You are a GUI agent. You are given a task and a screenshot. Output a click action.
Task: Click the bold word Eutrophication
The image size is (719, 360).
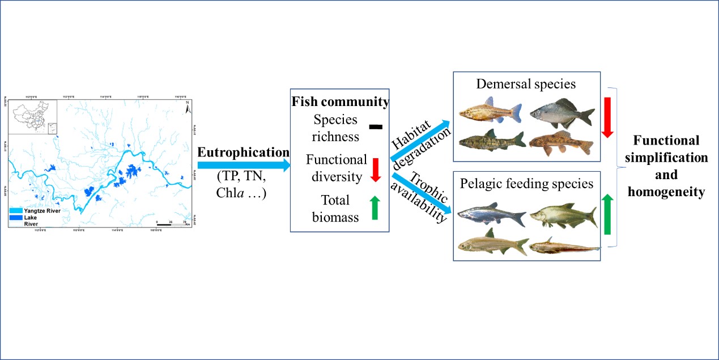pos(243,152)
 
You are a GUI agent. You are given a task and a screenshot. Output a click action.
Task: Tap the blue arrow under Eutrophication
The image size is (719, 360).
pos(243,165)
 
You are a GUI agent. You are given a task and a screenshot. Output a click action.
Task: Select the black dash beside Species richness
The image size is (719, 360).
pos(376,127)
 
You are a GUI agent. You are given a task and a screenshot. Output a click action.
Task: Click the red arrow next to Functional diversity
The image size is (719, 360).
pos(375,168)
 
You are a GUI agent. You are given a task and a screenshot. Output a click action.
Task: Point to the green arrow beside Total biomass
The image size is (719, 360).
pos(375,207)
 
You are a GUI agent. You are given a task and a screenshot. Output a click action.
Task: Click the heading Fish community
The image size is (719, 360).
pos(340,103)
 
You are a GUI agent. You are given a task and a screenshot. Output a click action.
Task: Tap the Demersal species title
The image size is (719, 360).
pos(526,84)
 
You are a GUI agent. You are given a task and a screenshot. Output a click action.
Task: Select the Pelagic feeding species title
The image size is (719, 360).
pos(526,184)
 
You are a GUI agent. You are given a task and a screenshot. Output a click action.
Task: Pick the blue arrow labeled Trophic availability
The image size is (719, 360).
pos(422,196)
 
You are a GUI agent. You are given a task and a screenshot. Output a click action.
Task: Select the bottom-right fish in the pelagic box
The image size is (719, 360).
pos(564,246)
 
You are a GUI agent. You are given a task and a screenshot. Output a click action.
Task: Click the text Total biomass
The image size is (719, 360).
pos(335,208)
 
